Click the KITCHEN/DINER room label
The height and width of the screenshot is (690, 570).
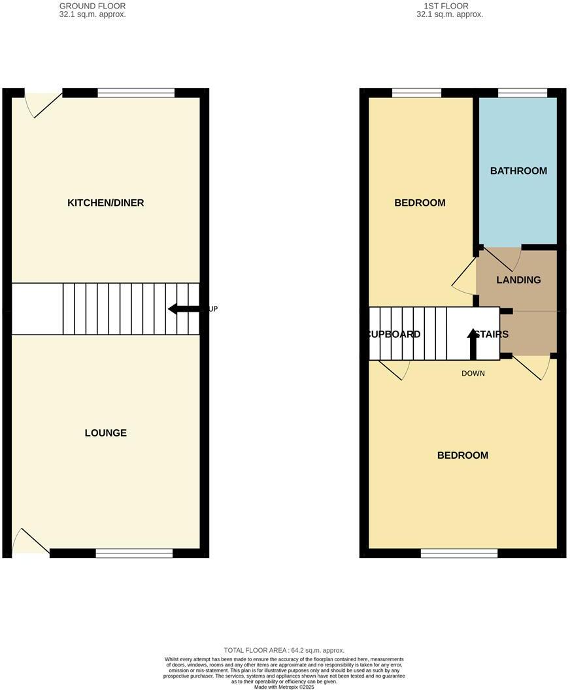[105, 203]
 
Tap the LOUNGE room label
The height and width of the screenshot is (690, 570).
[105, 433]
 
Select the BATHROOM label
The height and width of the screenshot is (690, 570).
[518, 171]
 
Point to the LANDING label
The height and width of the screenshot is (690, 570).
[518, 280]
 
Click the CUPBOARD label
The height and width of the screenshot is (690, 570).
[394, 334]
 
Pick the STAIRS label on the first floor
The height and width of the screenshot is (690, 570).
[492, 334]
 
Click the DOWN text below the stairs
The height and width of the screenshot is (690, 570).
[473, 373]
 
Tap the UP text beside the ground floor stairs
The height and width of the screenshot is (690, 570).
[212, 309]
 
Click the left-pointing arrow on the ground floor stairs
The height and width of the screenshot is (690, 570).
[183, 309]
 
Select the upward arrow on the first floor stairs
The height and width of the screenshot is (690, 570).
[473, 343]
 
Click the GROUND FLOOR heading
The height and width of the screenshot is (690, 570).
[92, 6]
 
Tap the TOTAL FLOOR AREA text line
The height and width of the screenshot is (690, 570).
[284, 650]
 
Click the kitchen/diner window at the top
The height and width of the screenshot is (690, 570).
[136, 93]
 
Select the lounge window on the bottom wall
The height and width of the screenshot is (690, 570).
[134, 553]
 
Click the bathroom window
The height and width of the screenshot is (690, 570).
[522, 93]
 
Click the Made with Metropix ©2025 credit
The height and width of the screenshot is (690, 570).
[284, 687]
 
